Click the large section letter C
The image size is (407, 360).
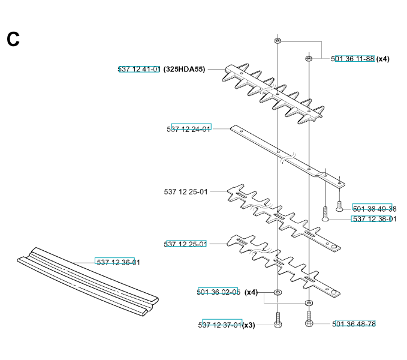click(x=13, y=39)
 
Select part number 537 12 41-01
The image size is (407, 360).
click(x=139, y=69)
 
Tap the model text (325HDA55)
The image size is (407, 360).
click(x=184, y=69)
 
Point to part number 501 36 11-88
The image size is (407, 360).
click(x=352, y=59)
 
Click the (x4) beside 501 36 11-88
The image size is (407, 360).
click(x=383, y=59)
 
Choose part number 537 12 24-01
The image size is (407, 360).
click(x=188, y=129)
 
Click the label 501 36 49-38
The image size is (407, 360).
click(x=375, y=209)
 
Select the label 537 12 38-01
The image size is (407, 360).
click(x=375, y=219)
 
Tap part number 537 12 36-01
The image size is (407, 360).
click(x=118, y=262)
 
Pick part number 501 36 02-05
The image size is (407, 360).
click(x=219, y=292)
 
